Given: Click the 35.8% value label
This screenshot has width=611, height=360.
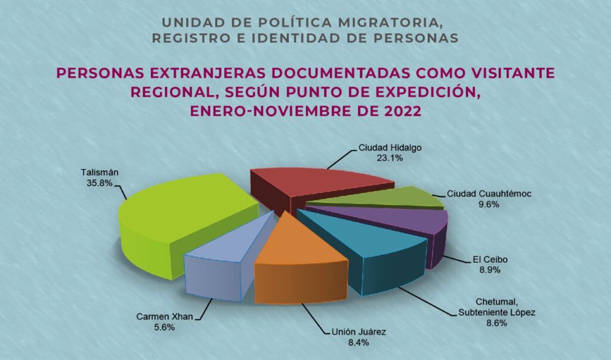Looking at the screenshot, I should [99, 183].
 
